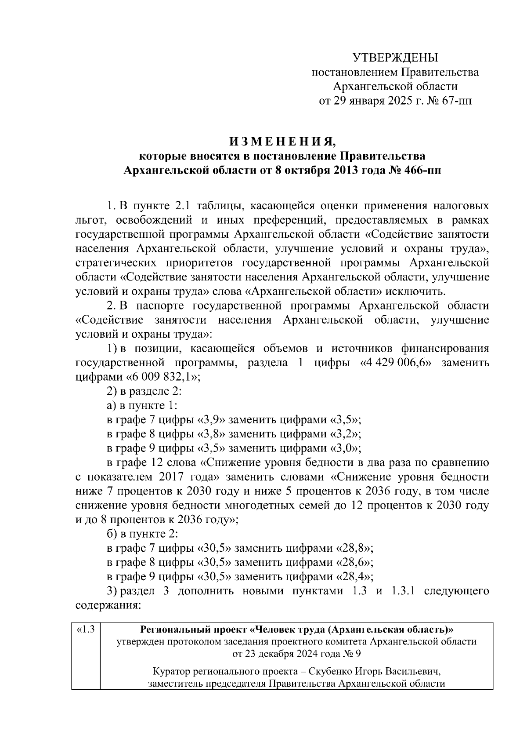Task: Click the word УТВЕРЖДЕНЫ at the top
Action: (395, 58)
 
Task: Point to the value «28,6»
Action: (354, 563)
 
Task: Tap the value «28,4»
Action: (354, 577)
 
